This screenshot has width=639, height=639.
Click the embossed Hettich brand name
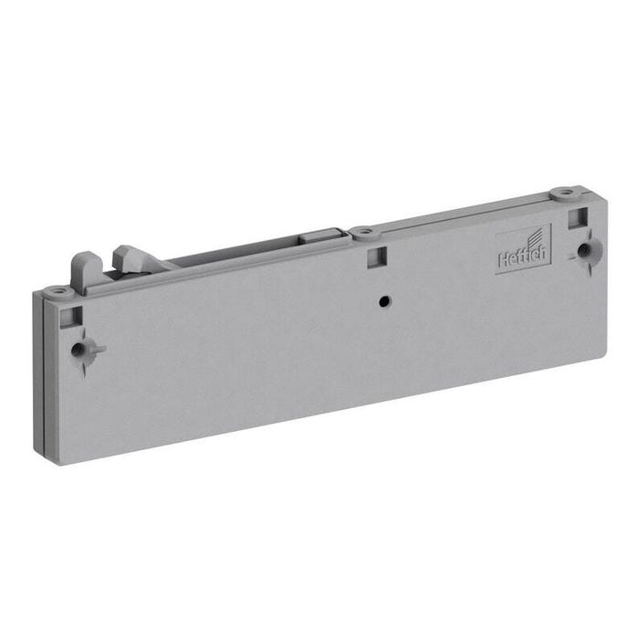pos(522,257)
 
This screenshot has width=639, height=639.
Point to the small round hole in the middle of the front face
pos(384,302)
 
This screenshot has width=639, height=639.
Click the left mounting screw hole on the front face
pos(77,350)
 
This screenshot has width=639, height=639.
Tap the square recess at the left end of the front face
pos(71,317)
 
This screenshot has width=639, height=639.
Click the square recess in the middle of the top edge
pos(376,257)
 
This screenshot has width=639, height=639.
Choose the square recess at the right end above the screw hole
pos(578,217)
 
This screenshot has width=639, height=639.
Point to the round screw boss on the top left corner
pos(58,291)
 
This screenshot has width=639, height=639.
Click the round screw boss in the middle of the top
pos(364,232)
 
